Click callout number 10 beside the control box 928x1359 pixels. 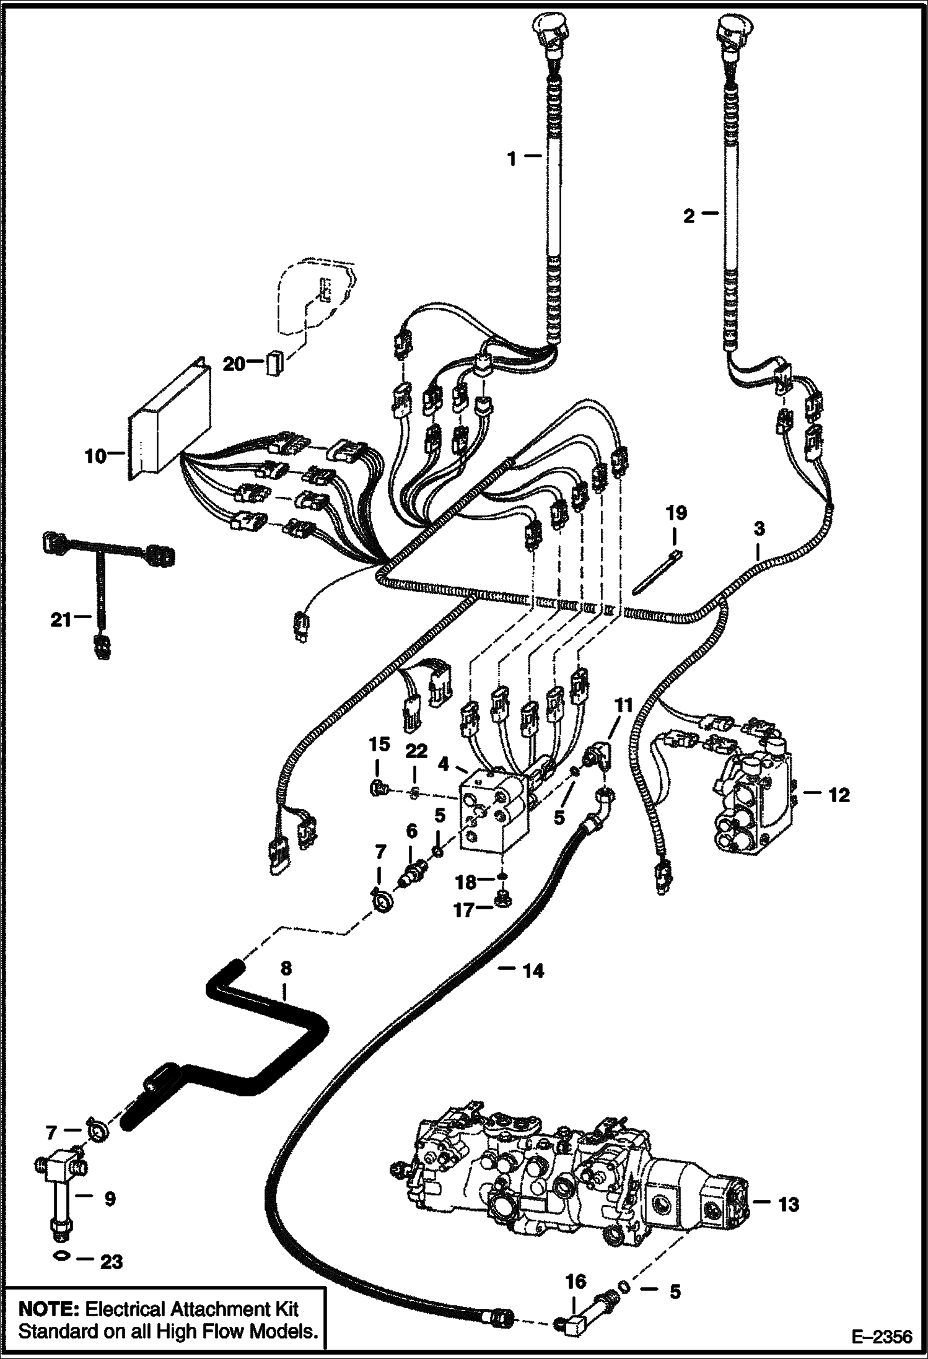(x=95, y=457)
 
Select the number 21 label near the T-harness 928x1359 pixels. (x=61, y=619)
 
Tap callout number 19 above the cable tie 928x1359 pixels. (x=676, y=513)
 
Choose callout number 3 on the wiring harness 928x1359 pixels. (x=759, y=528)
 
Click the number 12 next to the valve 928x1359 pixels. (x=839, y=795)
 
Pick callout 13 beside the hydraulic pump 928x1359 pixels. (x=789, y=1204)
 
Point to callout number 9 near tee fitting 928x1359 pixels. (x=110, y=1199)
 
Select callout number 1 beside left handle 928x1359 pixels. (x=512, y=159)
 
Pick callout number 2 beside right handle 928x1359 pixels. (x=689, y=216)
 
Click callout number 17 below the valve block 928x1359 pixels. (x=464, y=910)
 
